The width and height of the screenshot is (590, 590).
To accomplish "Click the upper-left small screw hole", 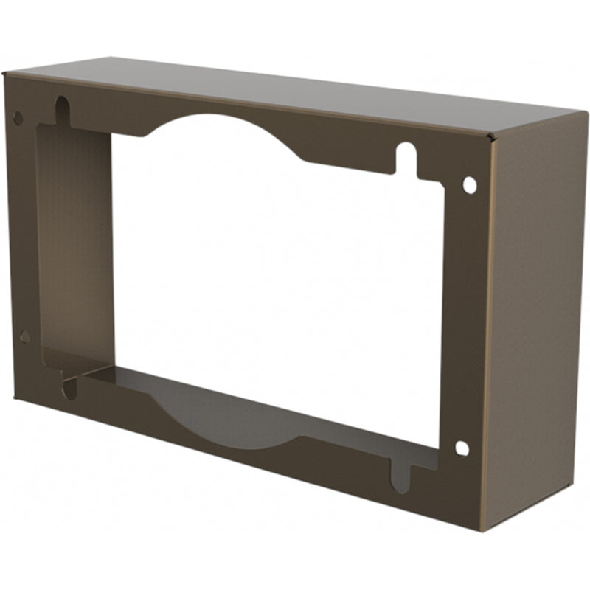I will click(x=18, y=118).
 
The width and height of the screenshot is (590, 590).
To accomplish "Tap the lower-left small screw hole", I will click(x=24, y=337).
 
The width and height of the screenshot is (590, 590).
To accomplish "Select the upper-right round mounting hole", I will click(x=469, y=184).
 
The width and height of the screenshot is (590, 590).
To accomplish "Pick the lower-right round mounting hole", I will click(x=462, y=448).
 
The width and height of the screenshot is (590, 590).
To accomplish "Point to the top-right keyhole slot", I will click(x=406, y=157).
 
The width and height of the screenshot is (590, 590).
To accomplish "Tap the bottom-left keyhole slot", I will click(x=69, y=386).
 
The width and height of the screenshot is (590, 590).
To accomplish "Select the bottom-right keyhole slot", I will click(x=399, y=478).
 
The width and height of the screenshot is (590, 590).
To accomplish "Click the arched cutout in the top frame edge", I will click(x=221, y=129).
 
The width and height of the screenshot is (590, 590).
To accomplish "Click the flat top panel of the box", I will click(x=295, y=92).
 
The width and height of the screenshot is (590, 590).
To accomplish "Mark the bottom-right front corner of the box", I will click(x=481, y=530).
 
